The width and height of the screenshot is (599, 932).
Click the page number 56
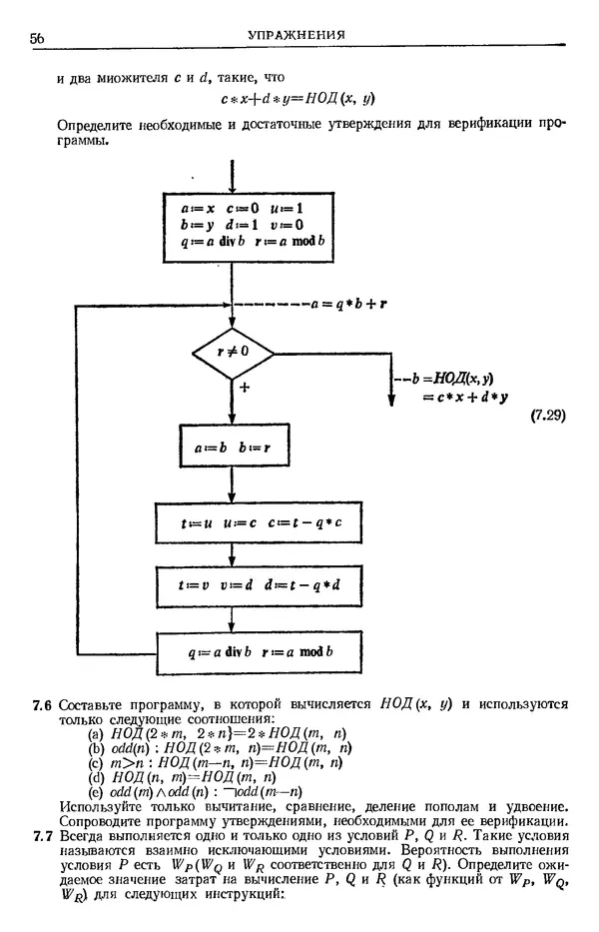39,39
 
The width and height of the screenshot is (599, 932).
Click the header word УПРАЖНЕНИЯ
297,36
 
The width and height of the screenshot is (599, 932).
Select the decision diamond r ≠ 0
232,352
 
